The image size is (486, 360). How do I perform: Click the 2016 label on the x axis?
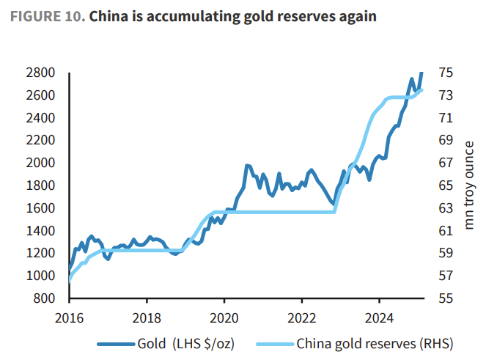coord(69,317)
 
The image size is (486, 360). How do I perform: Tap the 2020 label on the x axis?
coord(224,317)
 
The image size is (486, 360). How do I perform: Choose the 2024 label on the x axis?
coord(378,317)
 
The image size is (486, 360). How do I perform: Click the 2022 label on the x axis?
coord(301,317)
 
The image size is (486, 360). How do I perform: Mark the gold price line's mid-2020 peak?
coord(247,166)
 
